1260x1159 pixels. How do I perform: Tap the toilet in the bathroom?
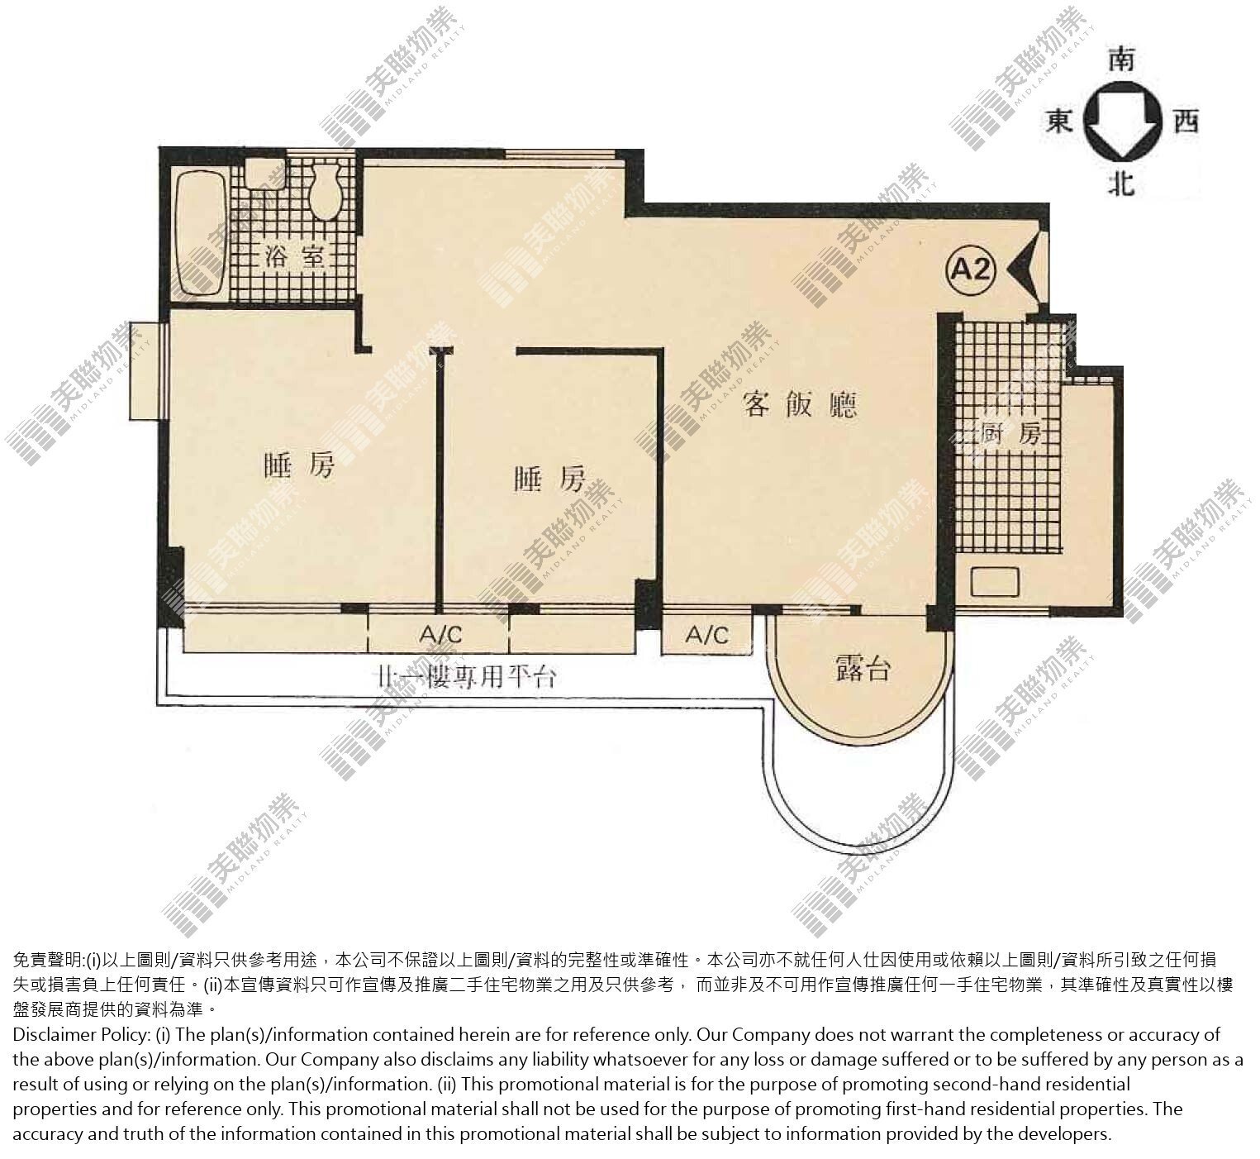pos(325,186)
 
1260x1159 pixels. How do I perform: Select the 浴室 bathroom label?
pos(294,255)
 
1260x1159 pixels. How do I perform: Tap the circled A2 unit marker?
pos(971,269)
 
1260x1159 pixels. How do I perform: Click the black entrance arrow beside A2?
pos(1020,269)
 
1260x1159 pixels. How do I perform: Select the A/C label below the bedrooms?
pos(440,635)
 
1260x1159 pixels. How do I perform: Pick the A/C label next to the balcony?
pos(706,635)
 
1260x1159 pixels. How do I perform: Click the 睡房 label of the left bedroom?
pos(299,465)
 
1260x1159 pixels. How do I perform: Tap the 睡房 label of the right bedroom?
pos(549,479)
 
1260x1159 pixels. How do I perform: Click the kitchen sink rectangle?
pos(994,581)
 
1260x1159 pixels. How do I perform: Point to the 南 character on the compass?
pos(1122,61)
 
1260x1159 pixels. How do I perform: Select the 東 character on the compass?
pos(1059,119)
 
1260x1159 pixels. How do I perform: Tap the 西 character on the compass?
pos(1186,120)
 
